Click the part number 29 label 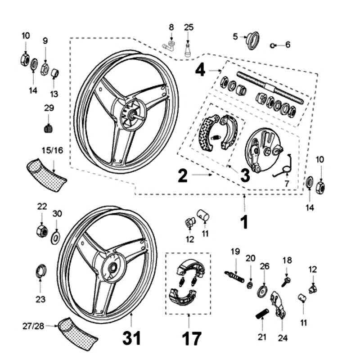click(49, 108)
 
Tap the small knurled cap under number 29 click(49, 128)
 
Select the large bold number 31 click(132, 337)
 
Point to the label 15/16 click(52, 150)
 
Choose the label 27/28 click(34, 326)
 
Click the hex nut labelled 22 click(42, 231)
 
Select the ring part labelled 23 click(40, 271)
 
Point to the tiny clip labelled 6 click(274, 45)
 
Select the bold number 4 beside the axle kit click(200, 70)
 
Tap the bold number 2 click(182, 175)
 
